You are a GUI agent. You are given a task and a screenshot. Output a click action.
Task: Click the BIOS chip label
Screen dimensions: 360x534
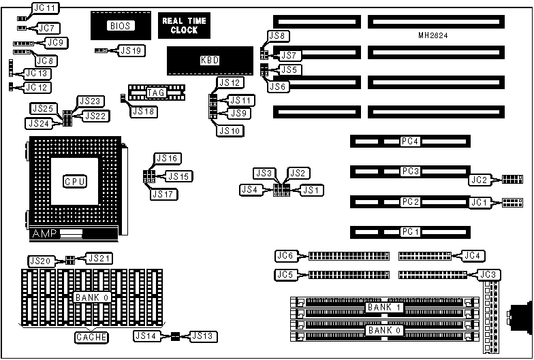coord(121,26)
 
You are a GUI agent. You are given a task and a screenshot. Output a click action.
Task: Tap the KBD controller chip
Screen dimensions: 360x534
coord(210,61)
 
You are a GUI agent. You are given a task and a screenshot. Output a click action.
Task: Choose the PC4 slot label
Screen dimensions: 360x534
coord(409,142)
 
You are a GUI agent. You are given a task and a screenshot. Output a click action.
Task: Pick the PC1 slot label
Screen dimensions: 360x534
coord(409,232)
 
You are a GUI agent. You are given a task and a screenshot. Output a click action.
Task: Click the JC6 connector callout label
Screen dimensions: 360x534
coord(285,256)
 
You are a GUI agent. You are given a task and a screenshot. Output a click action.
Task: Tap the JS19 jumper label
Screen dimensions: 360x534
coord(131,50)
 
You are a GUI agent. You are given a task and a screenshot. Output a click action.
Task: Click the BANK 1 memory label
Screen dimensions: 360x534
coord(379,308)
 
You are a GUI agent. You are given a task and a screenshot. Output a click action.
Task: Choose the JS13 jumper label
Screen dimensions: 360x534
coord(202,336)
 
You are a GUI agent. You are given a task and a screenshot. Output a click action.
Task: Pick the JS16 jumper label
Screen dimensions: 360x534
coord(168,159)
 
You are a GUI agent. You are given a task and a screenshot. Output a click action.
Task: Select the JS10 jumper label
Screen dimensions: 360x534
coord(227,130)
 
